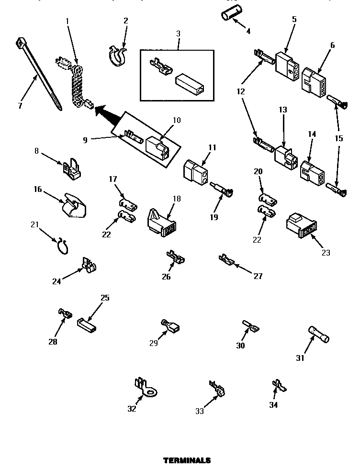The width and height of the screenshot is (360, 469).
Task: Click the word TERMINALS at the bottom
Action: [x=187, y=460]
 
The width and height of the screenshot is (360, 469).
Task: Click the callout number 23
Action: [x=326, y=253]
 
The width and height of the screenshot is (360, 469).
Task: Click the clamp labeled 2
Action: [x=116, y=56]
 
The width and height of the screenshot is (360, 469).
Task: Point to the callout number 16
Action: [x=38, y=189]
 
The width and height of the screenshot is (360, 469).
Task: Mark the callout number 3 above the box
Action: [x=178, y=33]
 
